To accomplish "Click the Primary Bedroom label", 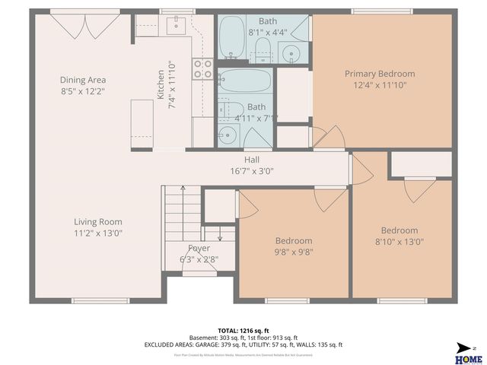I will point(380,74).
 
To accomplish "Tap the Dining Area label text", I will point(83,80).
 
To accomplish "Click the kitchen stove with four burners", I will point(202,69).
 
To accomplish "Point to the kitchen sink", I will point(176,27).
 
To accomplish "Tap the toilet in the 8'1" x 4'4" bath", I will point(261,51).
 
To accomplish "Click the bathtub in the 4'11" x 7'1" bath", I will point(243,81).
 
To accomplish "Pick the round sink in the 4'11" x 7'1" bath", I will point(228,135).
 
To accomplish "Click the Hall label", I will point(252,160).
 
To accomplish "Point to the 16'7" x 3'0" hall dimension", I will point(252,171).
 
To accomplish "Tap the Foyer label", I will point(199,248).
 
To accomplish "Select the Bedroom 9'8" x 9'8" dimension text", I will point(293,252).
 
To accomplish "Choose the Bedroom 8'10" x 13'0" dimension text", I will point(399,242).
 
